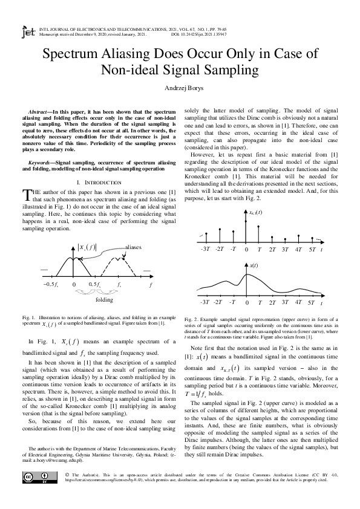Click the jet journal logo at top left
click(28, 31)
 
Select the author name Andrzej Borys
click(180, 88)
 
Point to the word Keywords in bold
click(43, 163)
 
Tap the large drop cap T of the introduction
click(26, 194)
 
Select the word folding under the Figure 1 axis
click(104, 299)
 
